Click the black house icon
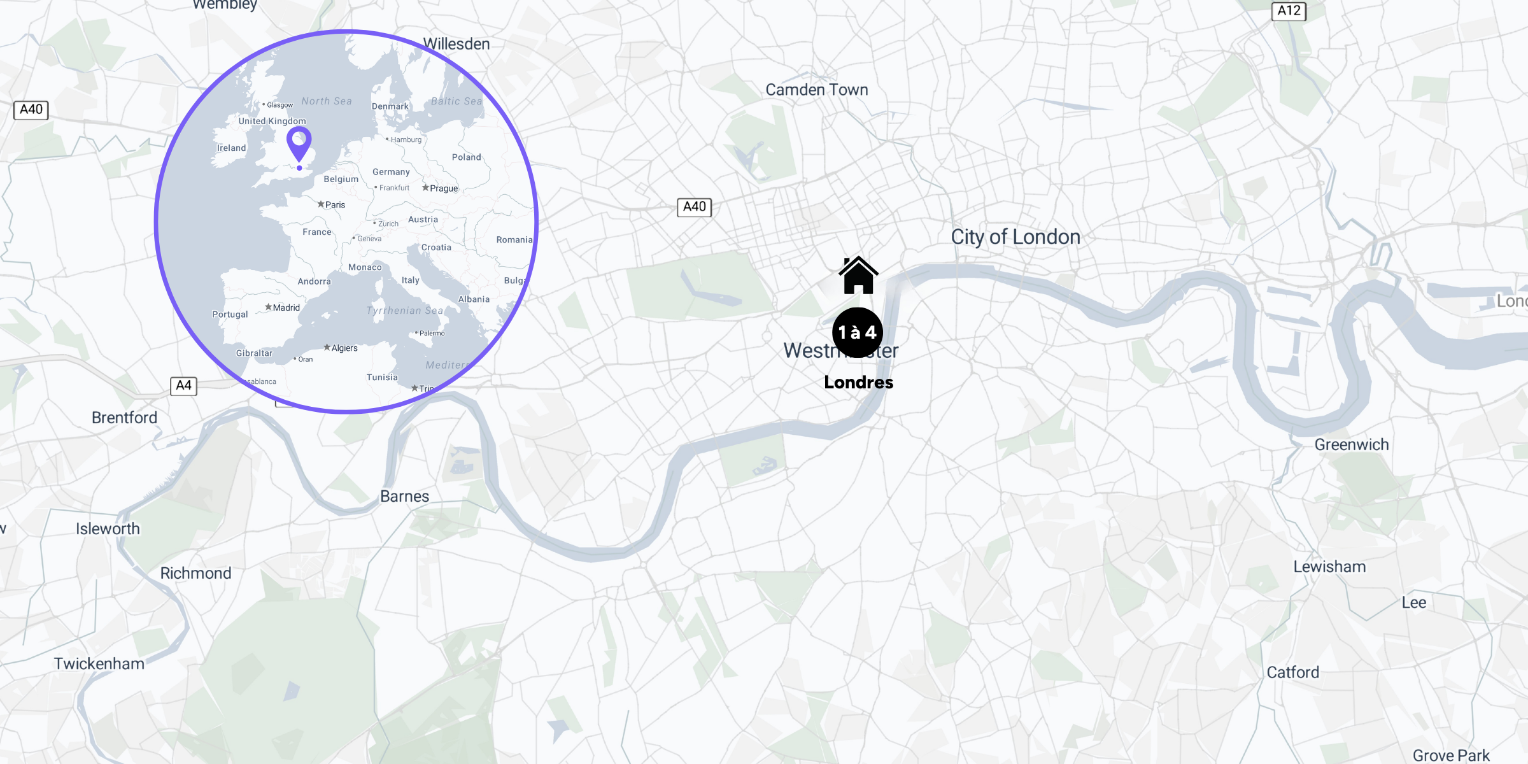(858, 276)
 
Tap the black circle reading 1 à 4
(858, 332)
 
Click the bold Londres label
(858, 382)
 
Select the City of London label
(1015, 237)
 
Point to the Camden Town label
(816, 90)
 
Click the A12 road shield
(1289, 11)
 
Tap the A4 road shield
(183, 385)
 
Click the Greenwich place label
(1352, 444)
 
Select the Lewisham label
(1329, 567)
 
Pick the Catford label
(1292, 672)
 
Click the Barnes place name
(404, 497)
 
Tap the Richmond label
(195, 573)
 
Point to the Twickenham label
(99, 663)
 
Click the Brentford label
(124, 418)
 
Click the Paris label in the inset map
(335, 205)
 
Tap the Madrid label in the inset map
(286, 308)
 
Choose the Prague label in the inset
(443, 188)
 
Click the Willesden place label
(456, 44)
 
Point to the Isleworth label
(108, 528)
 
